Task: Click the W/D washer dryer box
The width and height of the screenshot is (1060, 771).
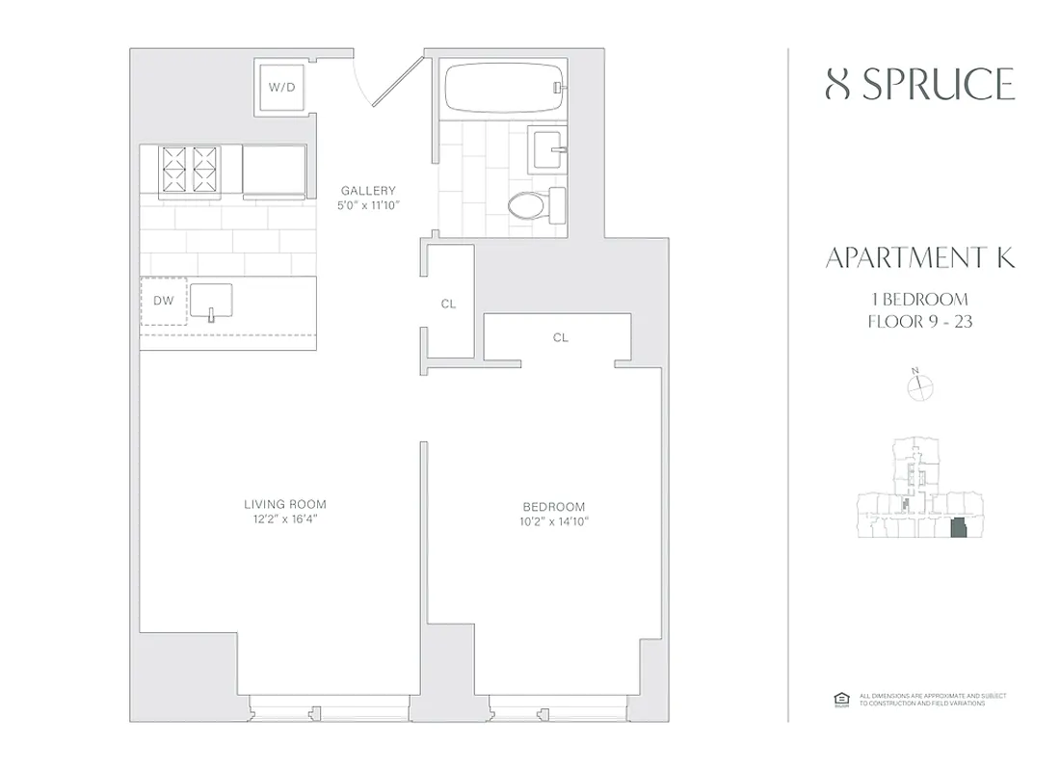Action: [x=281, y=87]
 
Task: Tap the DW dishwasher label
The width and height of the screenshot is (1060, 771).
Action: [x=164, y=301]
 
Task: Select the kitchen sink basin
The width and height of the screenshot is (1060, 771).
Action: [x=210, y=300]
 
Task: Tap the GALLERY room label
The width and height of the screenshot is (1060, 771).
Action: [x=368, y=191]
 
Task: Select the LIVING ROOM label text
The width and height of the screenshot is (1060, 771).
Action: [x=284, y=504]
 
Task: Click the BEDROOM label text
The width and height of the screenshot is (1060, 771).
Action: [x=554, y=507]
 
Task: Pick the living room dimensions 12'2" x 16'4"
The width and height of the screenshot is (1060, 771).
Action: [x=284, y=519]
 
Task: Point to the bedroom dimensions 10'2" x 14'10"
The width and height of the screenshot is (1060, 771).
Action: [x=554, y=522]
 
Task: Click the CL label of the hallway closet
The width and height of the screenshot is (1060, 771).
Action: [x=448, y=304]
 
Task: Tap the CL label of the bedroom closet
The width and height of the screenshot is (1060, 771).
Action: [x=561, y=338]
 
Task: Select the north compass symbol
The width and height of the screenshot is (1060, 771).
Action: [x=920, y=385]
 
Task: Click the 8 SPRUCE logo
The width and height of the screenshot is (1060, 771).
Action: [x=920, y=86]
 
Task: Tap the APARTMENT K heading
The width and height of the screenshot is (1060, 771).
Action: [x=920, y=258]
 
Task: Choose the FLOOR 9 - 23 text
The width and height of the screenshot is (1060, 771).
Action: [x=920, y=322]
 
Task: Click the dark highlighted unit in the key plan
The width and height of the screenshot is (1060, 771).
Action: [x=957, y=529]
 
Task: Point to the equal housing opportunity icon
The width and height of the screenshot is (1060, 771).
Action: [x=837, y=699]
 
